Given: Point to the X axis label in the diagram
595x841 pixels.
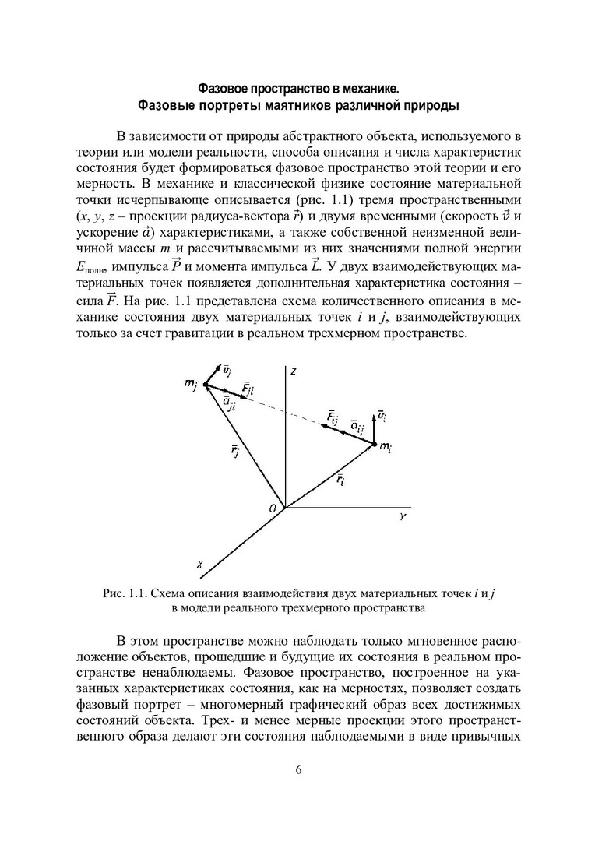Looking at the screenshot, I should coord(201,565).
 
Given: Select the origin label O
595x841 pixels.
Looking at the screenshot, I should coord(273,508).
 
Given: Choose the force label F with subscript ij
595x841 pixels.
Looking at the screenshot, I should coord(332,420).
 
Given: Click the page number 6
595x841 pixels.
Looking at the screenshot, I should coord(297,771).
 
